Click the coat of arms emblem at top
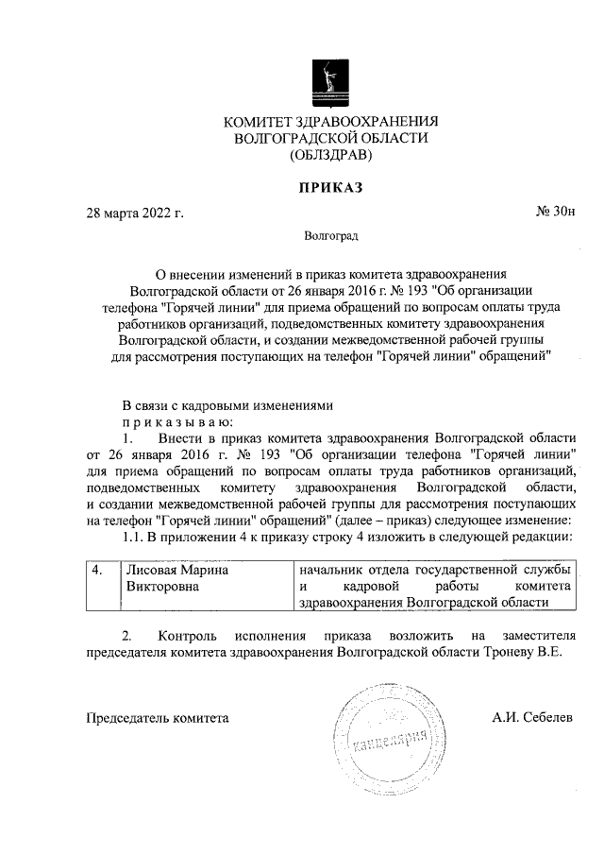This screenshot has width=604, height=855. click(x=330, y=81)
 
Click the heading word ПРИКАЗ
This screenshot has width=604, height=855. click(x=330, y=187)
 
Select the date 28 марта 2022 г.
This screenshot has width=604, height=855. click(x=134, y=212)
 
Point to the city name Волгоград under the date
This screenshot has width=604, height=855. click(x=331, y=235)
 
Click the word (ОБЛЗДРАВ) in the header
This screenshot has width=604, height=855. click(x=331, y=155)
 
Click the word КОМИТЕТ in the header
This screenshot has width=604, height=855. click(x=258, y=122)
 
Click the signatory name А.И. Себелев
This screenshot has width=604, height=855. click(x=531, y=718)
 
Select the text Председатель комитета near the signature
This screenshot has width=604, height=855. click(x=158, y=718)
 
